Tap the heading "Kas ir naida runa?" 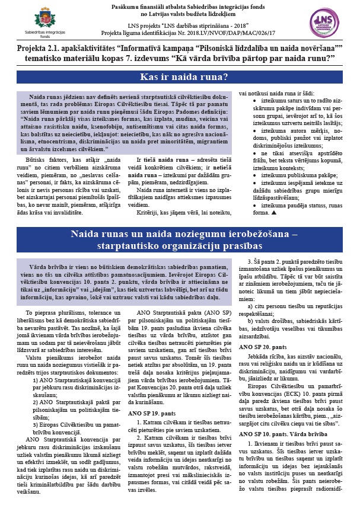click(x=180, y=76)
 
